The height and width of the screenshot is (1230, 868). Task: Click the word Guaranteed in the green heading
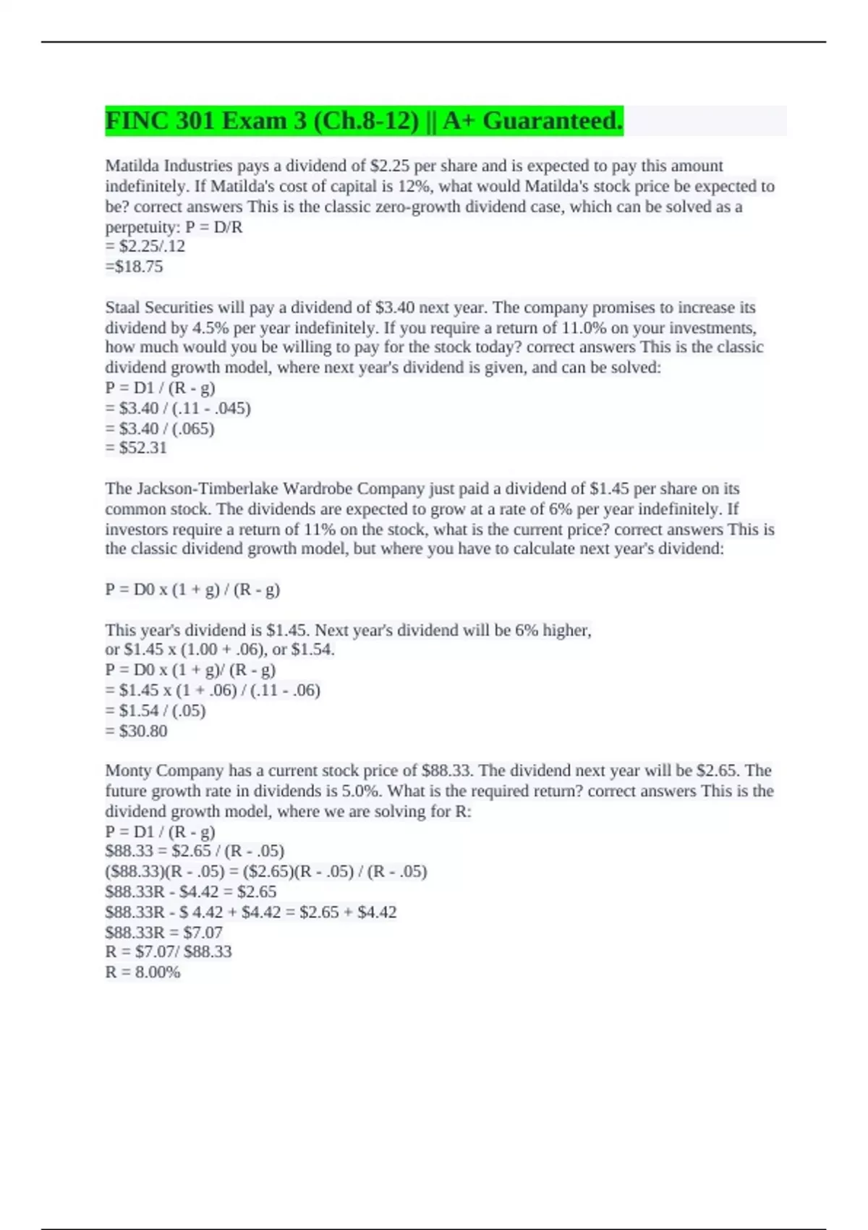tap(552, 121)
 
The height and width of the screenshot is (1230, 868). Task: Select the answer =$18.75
tap(135, 267)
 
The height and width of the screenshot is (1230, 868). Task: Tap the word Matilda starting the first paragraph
tap(132, 166)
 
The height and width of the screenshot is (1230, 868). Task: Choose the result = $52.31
tap(136, 448)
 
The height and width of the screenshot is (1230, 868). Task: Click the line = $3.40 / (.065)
tap(160, 428)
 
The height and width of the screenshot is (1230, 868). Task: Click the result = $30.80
tap(136, 731)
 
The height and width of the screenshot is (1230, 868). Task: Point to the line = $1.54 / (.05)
tap(156, 711)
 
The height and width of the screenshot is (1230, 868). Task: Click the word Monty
tap(128, 771)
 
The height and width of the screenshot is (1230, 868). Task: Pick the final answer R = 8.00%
tap(142, 972)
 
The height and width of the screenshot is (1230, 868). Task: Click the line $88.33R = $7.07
tap(163, 932)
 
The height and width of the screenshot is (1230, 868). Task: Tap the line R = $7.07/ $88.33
tap(169, 951)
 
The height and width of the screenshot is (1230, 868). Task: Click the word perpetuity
tap(142, 227)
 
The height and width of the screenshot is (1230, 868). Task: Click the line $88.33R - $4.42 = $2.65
tap(191, 891)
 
